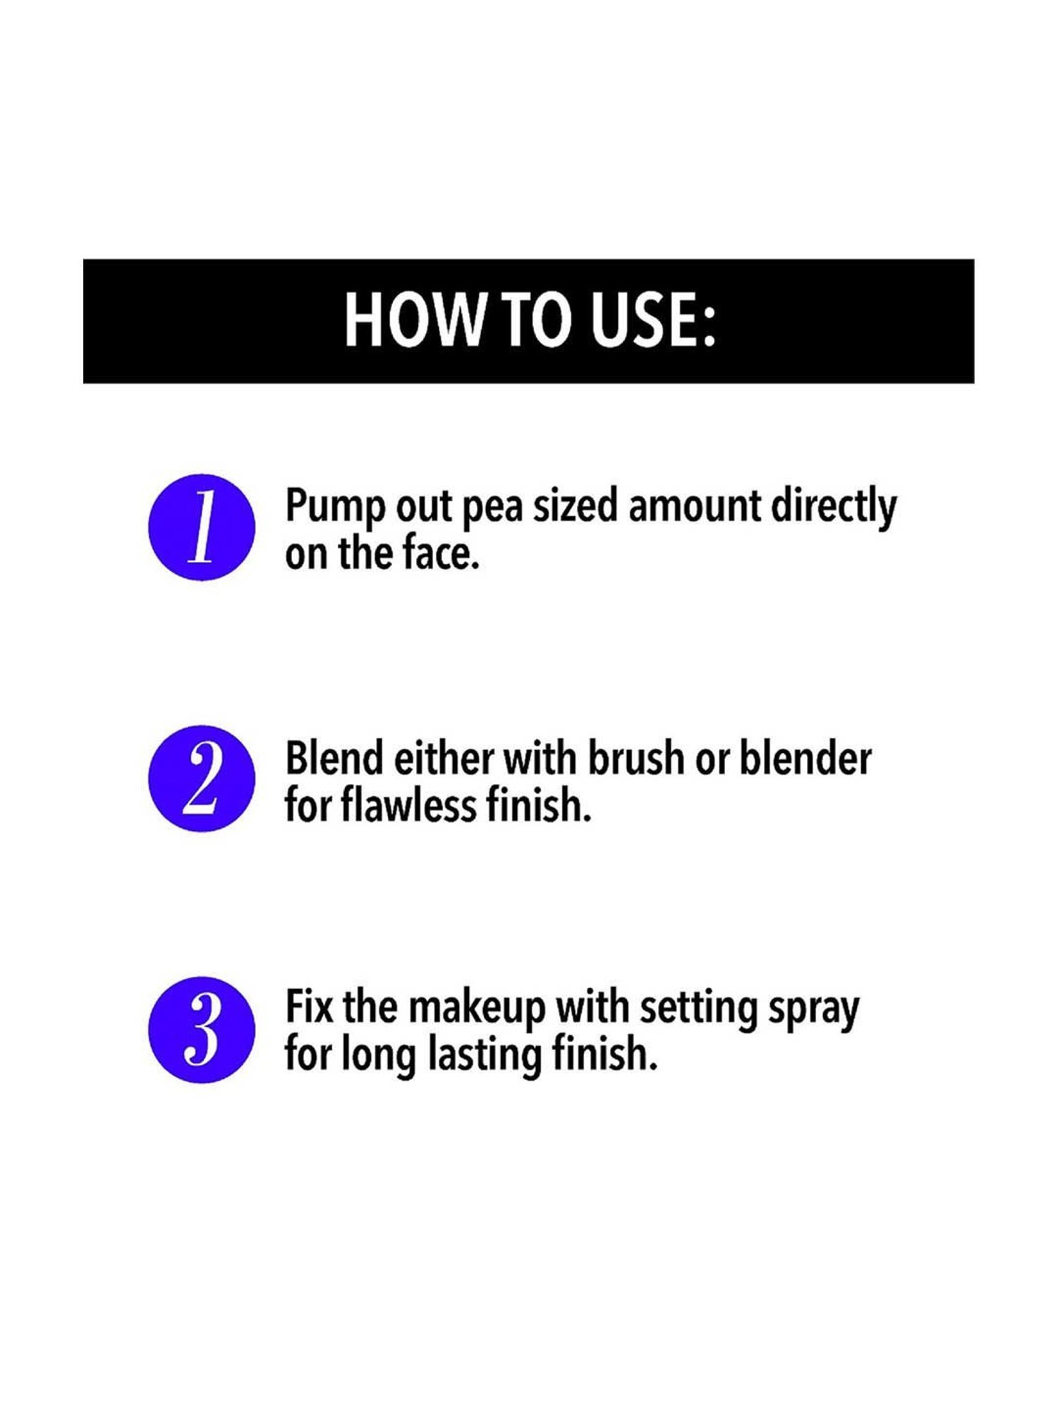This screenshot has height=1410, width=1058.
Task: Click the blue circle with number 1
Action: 202,527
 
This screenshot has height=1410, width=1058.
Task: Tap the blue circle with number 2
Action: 202,778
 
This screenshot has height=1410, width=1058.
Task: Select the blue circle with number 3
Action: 202,1029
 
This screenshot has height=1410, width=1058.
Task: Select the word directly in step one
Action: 833,508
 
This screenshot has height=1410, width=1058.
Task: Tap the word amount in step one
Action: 695,508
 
